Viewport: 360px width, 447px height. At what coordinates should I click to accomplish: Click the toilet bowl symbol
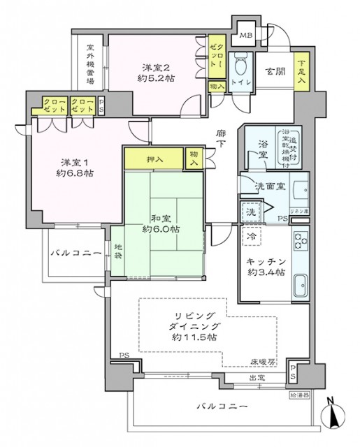(241, 70)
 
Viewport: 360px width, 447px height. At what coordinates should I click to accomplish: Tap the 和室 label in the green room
(160, 216)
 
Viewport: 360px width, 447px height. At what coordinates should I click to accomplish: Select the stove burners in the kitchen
(301, 243)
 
